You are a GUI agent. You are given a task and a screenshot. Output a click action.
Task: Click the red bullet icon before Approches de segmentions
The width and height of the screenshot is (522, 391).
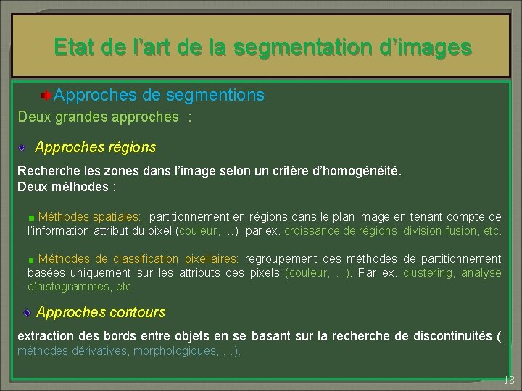coord(46,96)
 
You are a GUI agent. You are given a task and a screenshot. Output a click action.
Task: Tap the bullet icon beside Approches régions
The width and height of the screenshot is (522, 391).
coord(23,148)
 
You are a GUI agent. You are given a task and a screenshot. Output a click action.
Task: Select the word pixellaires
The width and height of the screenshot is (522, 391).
coord(211,258)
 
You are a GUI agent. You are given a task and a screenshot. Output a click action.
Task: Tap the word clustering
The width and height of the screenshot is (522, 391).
coord(428,272)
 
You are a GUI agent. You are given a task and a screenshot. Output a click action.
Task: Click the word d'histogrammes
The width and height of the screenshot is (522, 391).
coord(69,286)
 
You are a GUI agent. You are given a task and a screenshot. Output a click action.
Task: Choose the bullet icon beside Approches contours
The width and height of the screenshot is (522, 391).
coord(26,313)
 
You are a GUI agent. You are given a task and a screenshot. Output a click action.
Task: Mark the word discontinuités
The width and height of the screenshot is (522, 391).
coord(450,336)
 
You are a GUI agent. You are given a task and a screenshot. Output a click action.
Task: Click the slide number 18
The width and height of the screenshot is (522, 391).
coord(508,380)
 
